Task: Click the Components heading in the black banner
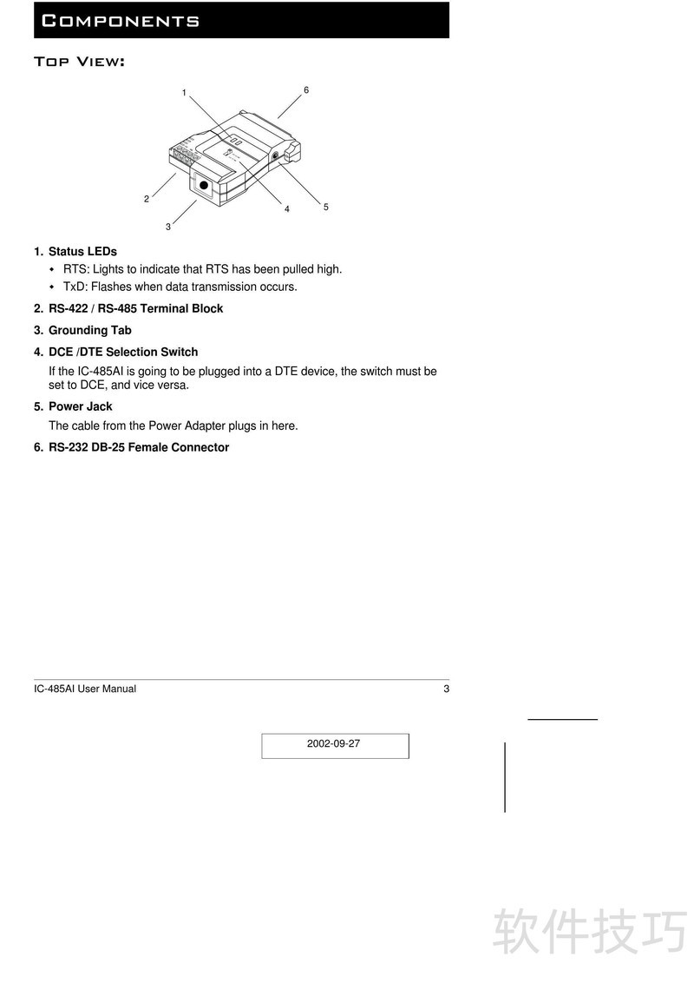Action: click(x=121, y=21)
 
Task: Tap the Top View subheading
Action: click(x=80, y=62)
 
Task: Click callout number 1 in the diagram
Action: click(x=184, y=93)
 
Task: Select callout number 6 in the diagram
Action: click(x=306, y=90)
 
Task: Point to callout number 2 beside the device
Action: click(x=147, y=199)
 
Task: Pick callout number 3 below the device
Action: click(x=168, y=227)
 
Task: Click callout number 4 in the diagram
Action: click(x=287, y=209)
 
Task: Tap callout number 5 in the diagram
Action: click(x=325, y=207)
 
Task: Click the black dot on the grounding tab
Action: click(x=204, y=185)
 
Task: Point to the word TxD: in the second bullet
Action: click(x=75, y=287)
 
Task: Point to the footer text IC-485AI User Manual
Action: click(x=84, y=689)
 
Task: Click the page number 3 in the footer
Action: click(x=447, y=689)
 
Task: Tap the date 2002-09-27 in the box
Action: click(x=333, y=743)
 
